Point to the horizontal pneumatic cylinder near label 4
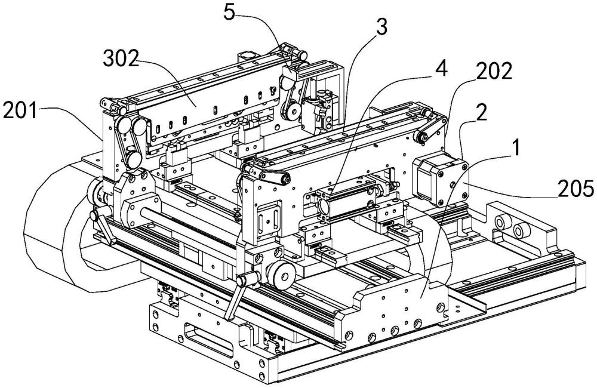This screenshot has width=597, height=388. coord(346,199)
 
